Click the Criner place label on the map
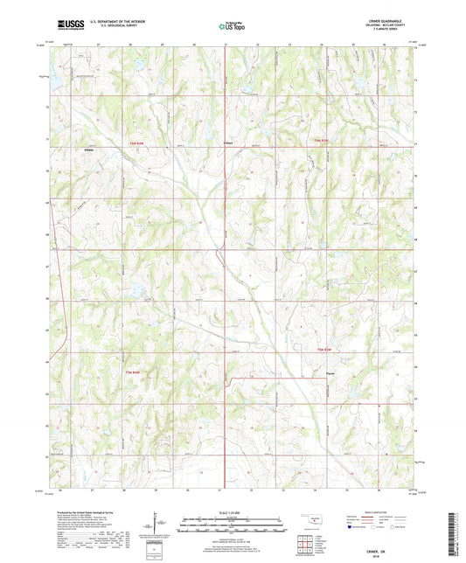[227, 142]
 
